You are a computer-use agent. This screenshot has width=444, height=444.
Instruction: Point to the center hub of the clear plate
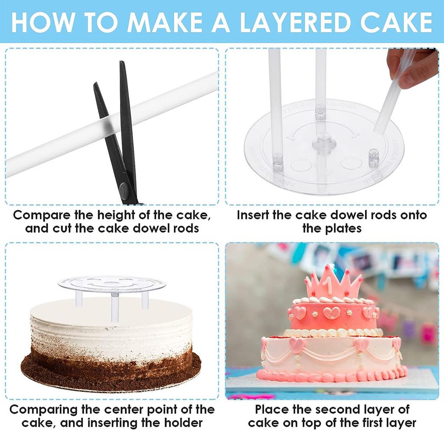click(322, 143)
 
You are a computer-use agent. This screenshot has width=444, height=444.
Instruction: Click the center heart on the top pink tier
click(331, 313)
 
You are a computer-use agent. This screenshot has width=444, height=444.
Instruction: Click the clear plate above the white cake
click(112, 284)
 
